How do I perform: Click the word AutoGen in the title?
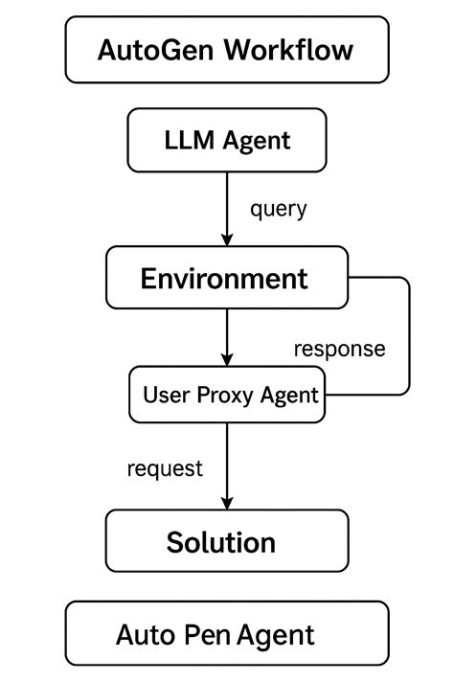coord(155,50)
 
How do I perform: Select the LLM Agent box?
coord(227,141)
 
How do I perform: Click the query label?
coord(278,209)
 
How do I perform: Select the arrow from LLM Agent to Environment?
coord(227,206)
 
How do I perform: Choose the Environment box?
coord(227,279)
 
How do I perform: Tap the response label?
coord(339,348)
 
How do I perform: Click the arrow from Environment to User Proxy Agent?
coord(227,337)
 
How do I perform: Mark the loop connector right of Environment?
coord(409,335)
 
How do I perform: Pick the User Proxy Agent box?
coord(227,394)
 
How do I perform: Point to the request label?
coord(165,468)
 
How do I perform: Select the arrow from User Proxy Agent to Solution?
coord(227,465)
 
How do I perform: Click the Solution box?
coord(227,541)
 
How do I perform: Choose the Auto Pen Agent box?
coord(227,633)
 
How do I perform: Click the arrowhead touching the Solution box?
coord(227,502)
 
